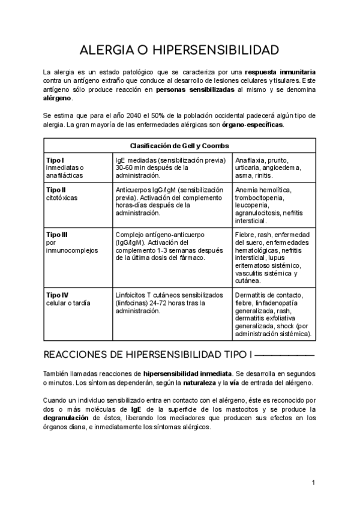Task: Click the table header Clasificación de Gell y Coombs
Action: (179, 145)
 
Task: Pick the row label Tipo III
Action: (58, 234)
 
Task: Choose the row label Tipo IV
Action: (58, 295)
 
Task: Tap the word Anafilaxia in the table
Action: (253, 161)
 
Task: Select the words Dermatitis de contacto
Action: (269, 295)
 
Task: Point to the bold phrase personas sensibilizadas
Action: (194, 89)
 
